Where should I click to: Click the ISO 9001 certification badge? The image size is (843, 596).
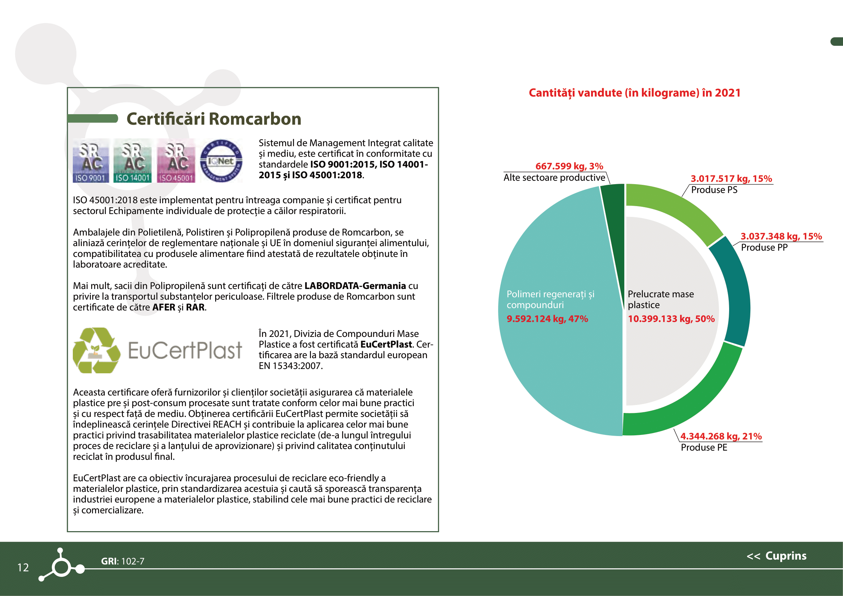click(x=91, y=161)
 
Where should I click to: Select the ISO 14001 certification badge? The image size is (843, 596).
click(x=133, y=161)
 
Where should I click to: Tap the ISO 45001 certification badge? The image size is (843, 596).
click(x=176, y=161)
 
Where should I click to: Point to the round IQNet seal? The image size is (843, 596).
click(x=221, y=161)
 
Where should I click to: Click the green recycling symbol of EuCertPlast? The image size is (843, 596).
click(x=96, y=351)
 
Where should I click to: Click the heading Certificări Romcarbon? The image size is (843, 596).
click(x=214, y=119)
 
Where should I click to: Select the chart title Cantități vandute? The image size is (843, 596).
click(x=634, y=93)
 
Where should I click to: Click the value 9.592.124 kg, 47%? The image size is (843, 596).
click(x=547, y=319)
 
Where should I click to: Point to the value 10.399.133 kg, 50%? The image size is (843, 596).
click(x=671, y=319)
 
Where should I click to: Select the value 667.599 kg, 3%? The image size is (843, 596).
click(x=569, y=166)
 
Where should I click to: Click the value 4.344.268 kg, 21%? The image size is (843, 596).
click(x=721, y=436)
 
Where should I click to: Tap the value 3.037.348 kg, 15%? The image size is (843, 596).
click(x=781, y=236)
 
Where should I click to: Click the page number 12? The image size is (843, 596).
click(x=23, y=568)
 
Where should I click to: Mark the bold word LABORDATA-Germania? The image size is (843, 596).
click(x=355, y=285)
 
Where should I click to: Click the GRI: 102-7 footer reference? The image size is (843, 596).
click(x=123, y=561)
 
